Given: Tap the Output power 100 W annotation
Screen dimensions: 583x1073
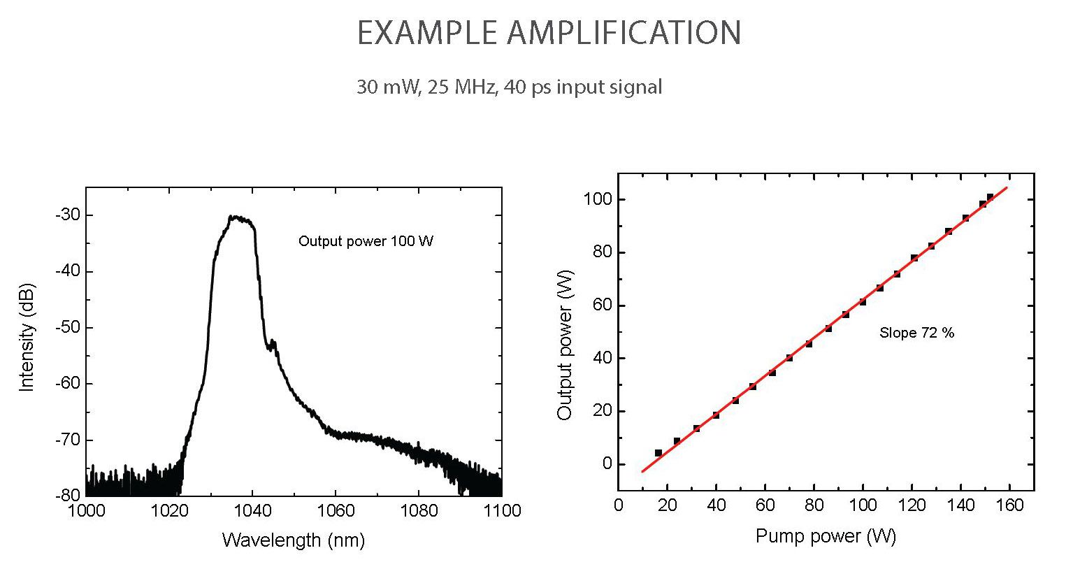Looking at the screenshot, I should pos(366,241).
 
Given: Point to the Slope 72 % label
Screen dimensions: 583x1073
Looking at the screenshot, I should pos(916,333).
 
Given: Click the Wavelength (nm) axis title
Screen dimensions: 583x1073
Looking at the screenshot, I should pos(294,540).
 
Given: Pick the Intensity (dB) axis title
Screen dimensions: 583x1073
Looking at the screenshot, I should pos(27,338).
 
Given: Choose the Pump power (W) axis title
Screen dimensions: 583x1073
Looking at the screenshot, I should pos(826,536).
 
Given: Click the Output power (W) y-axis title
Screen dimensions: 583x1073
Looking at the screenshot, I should pos(565,345).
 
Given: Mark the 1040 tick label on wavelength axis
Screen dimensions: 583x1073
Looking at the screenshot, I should pos(252,510).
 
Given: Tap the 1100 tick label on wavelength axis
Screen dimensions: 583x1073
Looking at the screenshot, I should pos(501,510).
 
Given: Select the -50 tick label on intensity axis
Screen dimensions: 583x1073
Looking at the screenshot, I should pos(68,327).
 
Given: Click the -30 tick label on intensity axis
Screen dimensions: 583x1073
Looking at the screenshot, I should pos(68,215).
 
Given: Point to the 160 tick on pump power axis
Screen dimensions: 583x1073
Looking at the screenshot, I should pos(1009,505).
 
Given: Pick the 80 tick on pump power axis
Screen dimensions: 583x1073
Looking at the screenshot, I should pos(814,505).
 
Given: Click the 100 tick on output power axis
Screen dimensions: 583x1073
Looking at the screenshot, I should pos(598,200).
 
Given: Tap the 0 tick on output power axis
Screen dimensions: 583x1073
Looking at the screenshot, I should pos(607,464).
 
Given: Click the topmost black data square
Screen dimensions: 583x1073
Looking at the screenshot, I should pos(990,197).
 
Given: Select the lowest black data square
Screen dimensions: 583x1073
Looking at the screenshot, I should pos(658,453).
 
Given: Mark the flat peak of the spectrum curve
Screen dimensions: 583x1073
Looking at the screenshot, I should pos(239,218).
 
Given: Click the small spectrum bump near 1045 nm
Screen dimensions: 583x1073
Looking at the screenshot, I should pos(273,343).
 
